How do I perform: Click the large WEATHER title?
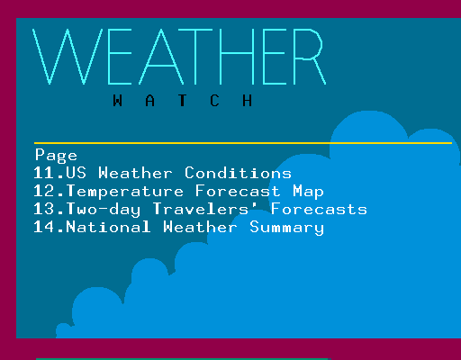click(x=179, y=57)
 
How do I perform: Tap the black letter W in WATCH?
click(x=118, y=101)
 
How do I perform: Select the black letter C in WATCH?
click(x=214, y=101)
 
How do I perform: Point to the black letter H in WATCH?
click(x=247, y=101)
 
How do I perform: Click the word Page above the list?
click(x=56, y=156)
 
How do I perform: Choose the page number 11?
click(x=44, y=173)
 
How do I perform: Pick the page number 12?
click(x=44, y=191)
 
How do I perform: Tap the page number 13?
click(x=44, y=209)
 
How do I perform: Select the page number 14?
click(x=44, y=227)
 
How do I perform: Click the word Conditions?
click(x=238, y=173)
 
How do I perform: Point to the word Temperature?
click(x=125, y=192)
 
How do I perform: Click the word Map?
click(x=309, y=192)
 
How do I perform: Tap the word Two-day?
click(x=104, y=210)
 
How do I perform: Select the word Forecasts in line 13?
click(x=319, y=209)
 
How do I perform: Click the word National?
click(x=108, y=227)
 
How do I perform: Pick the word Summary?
click(x=287, y=228)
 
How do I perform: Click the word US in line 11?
click(x=77, y=173)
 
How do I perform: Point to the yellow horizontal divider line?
click(x=243, y=143)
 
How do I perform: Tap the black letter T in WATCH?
click(x=182, y=101)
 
